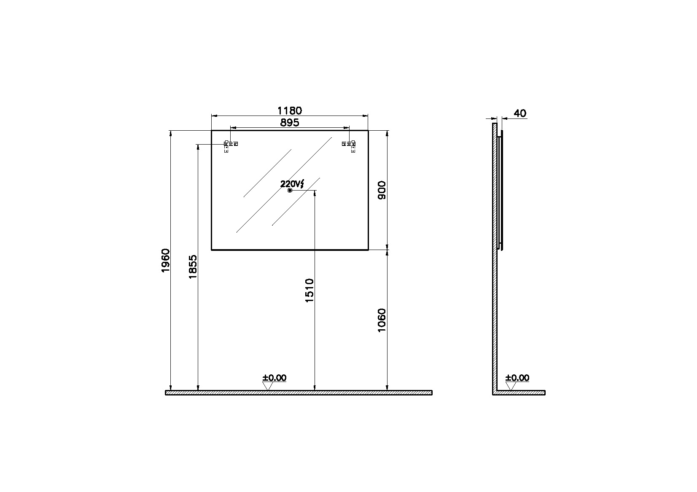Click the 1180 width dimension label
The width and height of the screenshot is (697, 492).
(x=289, y=110)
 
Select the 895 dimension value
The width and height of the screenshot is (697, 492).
(x=289, y=123)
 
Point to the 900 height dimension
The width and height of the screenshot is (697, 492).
(x=382, y=190)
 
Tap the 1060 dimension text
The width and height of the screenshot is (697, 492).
(x=382, y=320)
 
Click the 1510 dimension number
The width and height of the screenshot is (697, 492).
(x=309, y=290)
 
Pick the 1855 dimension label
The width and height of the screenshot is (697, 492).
(x=193, y=267)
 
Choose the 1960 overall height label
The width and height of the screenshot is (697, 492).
(x=166, y=261)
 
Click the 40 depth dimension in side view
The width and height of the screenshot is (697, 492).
(x=520, y=113)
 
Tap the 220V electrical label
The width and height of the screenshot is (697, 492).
(x=292, y=184)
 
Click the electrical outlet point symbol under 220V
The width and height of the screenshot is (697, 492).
(x=290, y=191)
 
